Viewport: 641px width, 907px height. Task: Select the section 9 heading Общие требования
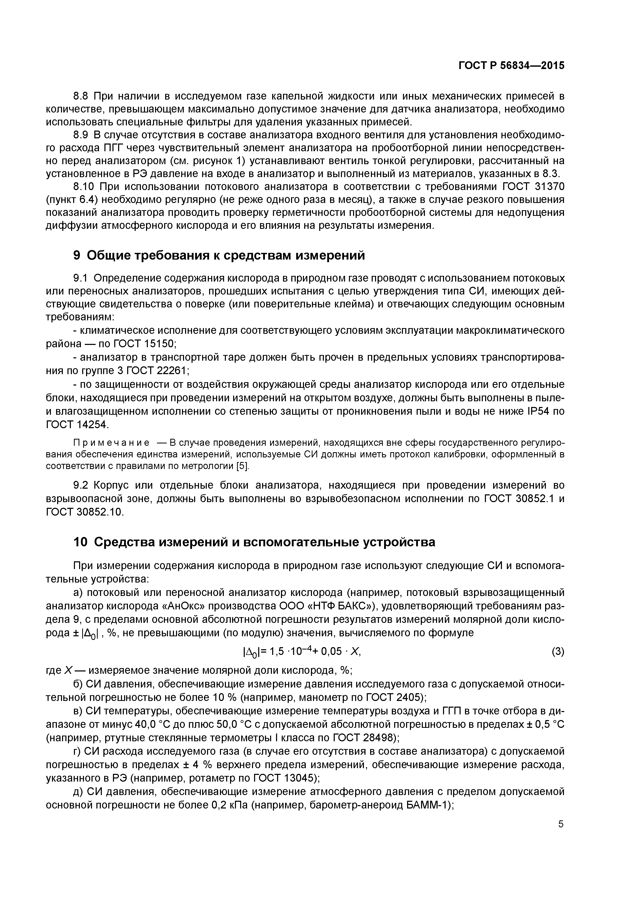(219, 256)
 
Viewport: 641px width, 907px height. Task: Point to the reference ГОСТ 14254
(77, 425)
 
